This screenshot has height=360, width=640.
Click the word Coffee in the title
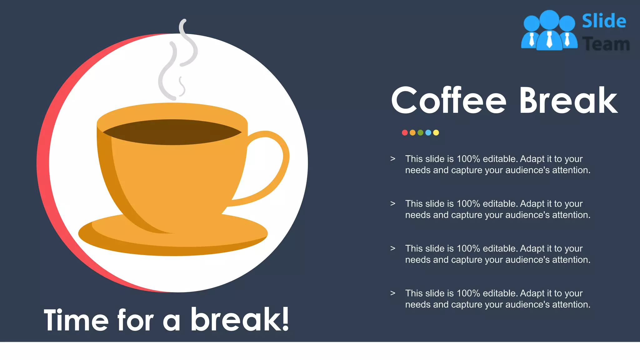tap(448, 101)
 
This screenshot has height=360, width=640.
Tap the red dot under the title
tap(405, 132)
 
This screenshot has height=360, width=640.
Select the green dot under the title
tap(420, 132)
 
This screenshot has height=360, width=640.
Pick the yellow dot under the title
tap(436, 132)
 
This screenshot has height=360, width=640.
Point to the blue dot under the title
tap(428, 132)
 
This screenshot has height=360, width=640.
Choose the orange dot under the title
tap(412, 132)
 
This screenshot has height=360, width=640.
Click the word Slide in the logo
tap(604, 21)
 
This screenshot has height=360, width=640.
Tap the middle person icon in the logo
tap(549, 31)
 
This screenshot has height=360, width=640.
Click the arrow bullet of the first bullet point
tap(393, 159)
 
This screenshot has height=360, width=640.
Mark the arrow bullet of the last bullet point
tap(393, 293)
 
